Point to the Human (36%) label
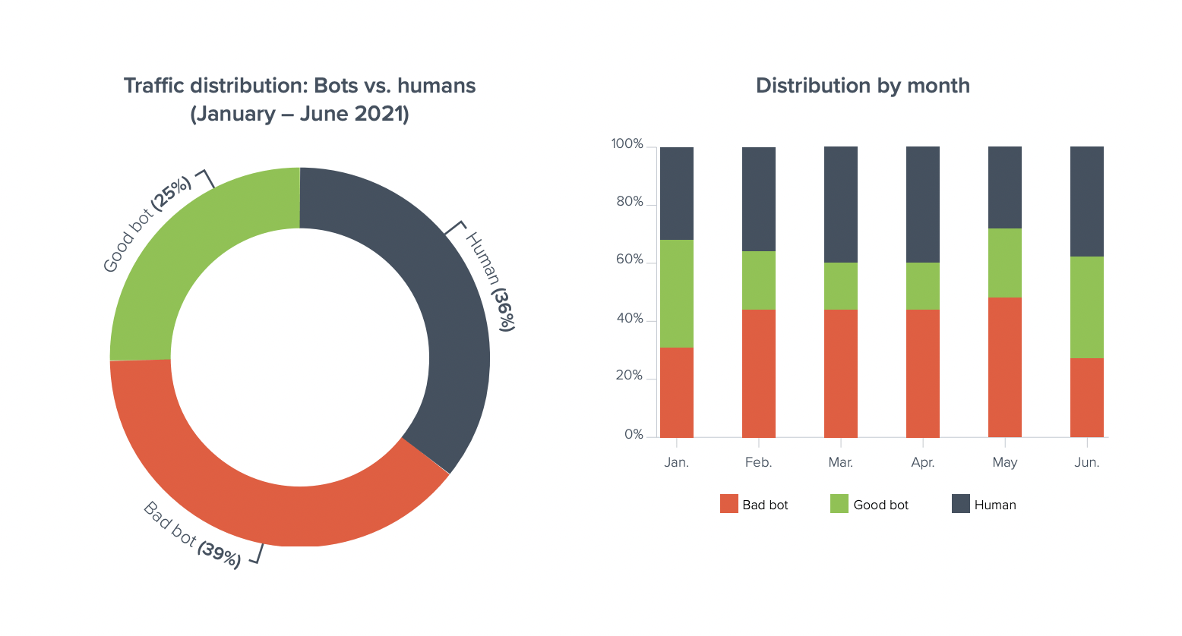point(490,281)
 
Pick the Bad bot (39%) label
point(192,535)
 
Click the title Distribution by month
point(862,86)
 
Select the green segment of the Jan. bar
point(676,294)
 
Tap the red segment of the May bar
point(1004,367)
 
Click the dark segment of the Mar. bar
point(840,205)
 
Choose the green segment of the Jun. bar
point(1086,307)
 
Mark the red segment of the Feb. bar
point(758,373)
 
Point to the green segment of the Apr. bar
point(922,286)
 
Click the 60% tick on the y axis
point(630,260)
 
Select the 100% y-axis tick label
point(627,144)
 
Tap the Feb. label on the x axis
point(758,462)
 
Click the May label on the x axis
point(1004,462)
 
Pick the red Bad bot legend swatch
point(729,504)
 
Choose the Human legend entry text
point(995,505)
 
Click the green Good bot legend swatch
point(839,504)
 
